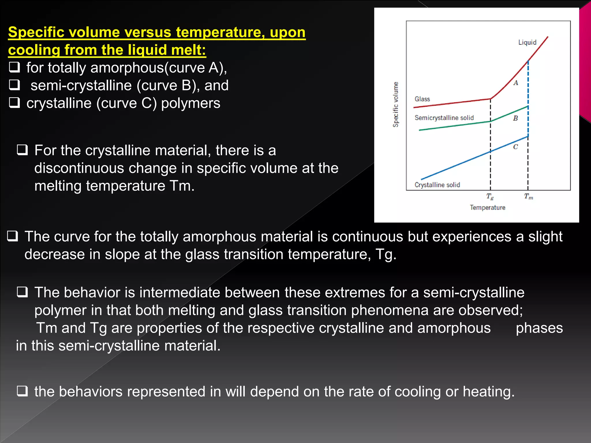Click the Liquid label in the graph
527,42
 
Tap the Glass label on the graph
422,99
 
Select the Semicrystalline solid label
444,118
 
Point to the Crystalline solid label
437,185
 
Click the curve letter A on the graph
516,83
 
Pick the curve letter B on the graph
515,118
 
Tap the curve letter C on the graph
515,147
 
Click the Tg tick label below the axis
490,197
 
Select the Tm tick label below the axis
528,197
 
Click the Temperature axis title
487,207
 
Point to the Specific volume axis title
396,104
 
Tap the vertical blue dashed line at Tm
528,87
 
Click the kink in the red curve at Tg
491,99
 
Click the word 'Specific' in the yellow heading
35,32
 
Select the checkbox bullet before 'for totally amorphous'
14,67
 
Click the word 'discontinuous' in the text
79,168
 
